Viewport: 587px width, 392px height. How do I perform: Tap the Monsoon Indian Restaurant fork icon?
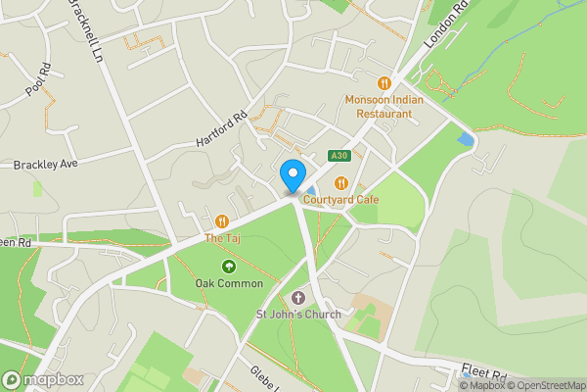[x=383, y=83]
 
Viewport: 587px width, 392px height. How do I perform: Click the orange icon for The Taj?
[x=222, y=221]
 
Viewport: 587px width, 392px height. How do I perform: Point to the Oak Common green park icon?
[x=229, y=267]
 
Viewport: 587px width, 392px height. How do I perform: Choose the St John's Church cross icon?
[x=299, y=297]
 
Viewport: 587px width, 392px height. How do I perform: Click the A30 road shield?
[x=339, y=156]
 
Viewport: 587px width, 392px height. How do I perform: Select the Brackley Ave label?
[x=45, y=164]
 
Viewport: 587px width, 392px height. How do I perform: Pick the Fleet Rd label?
[x=485, y=374]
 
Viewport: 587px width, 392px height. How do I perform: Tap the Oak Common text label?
[x=229, y=283]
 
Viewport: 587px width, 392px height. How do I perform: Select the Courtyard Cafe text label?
[x=340, y=200]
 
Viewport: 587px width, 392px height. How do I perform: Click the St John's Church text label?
[x=298, y=315]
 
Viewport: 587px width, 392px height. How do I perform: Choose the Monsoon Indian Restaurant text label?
[x=384, y=106]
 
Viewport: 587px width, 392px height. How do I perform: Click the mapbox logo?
[x=43, y=379]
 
